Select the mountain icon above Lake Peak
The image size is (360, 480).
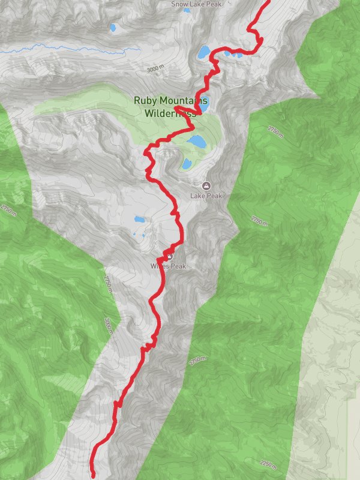coord(207,185)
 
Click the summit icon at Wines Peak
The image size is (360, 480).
coord(169,256)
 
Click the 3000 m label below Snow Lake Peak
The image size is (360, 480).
coord(155,69)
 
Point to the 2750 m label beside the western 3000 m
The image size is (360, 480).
coord(107,282)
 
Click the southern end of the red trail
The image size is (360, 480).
coord(94,476)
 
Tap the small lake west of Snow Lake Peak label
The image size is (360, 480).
coord(113,28)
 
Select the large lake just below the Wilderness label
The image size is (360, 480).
coord(196,142)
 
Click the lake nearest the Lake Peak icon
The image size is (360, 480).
coord(187,163)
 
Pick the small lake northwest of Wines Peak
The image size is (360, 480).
coord(139,220)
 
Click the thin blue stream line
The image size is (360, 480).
coord(66,50)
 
